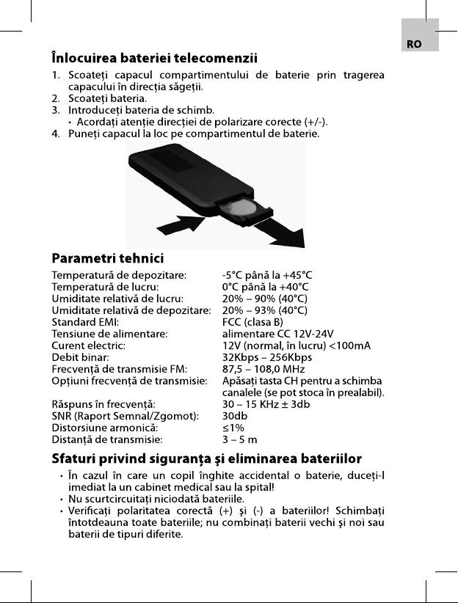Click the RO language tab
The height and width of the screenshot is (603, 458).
(413, 44)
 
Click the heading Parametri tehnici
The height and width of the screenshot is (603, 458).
(107, 258)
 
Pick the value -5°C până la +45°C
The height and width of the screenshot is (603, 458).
(268, 275)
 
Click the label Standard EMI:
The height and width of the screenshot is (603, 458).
(85, 321)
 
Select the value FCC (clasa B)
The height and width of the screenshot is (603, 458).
(252, 321)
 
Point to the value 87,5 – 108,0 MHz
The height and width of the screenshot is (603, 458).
(263, 368)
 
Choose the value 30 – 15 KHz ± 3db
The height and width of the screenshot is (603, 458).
(266, 403)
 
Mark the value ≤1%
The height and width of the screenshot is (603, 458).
(233, 427)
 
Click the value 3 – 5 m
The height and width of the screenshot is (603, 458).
(239, 439)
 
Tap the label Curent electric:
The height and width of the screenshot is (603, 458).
(88, 345)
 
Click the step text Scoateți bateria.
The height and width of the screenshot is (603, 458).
(106, 98)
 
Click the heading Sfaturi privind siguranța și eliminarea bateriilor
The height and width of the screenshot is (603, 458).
(206, 459)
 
